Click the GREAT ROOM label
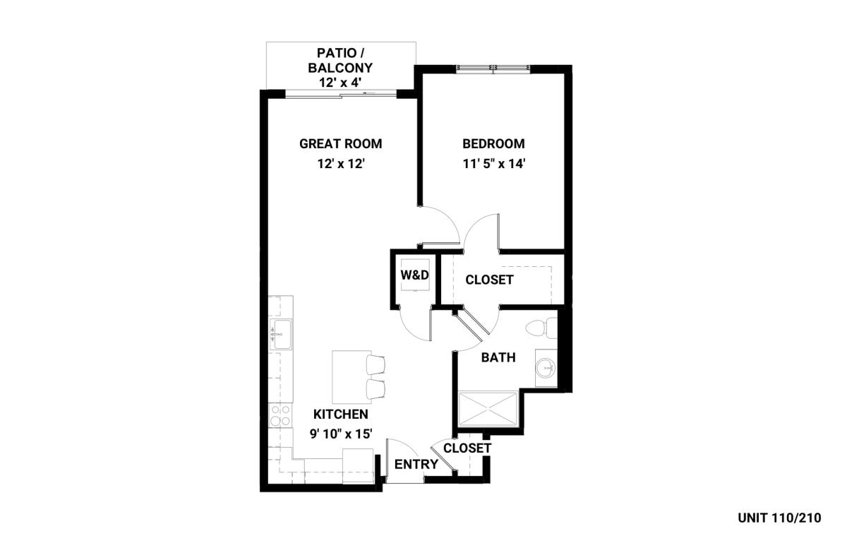click(341, 144)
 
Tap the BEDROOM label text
click(493, 144)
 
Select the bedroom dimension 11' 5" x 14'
click(494, 164)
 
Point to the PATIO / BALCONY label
click(340, 61)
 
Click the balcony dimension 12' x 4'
click(340, 83)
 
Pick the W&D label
click(415, 275)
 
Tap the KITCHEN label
click(341, 414)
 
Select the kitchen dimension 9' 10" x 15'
click(341, 434)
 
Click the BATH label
click(498, 357)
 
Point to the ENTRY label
click(416, 464)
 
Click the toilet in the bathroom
click(541, 328)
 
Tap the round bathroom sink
click(546, 367)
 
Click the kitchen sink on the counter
click(281, 334)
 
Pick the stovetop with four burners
click(281, 415)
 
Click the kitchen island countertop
click(352, 376)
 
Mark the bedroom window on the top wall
click(493, 68)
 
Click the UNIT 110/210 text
click(779, 518)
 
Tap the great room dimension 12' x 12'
click(341, 164)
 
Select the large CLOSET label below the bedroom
click(489, 280)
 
